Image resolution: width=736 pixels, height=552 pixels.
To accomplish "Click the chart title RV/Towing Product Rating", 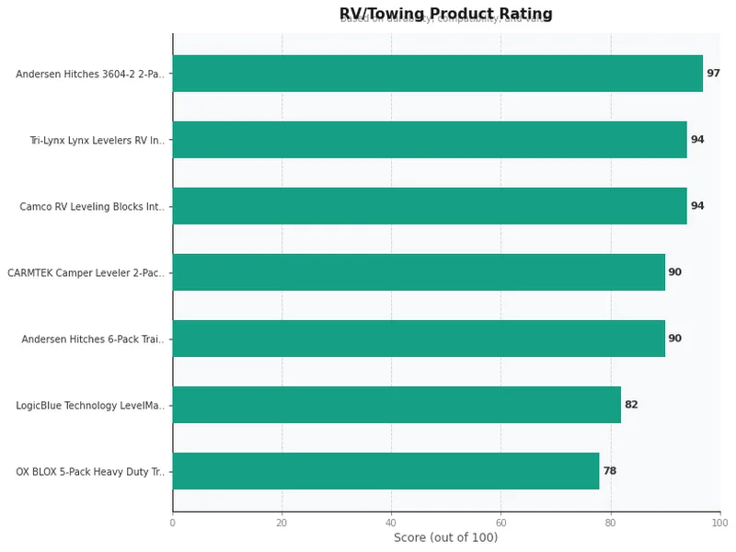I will pyautogui.click(x=445, y=14).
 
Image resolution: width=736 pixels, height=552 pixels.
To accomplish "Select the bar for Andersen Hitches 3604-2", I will pyautogui.click(x=438, y=74).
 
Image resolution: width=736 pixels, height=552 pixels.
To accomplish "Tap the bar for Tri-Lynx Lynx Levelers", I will pyautogui.click(x=430, y=140).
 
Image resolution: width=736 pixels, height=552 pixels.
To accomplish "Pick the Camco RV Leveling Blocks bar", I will pyautogui.click(x=430, y=206).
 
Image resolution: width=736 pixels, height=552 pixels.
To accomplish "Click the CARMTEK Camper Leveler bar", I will pyautogui.click(x=419, y=272).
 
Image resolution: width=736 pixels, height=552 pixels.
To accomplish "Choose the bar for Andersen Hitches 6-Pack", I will pyautogui.click(x=419, y=339).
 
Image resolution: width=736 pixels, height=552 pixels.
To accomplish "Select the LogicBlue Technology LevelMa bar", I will pyautogui.click(x=397, y=405).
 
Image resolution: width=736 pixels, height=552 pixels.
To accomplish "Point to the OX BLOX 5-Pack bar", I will pyautogui.click(x=385, y=471).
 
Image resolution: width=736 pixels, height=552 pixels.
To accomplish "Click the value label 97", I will pyautogui.click(x=713, y=74).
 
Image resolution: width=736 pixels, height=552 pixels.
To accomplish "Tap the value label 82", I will pyautogui.click(x=631, y=405).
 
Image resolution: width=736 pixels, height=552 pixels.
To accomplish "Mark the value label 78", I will pyautogui.click(x=609, y=471).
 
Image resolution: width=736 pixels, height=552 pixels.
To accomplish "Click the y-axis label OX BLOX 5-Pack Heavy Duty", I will pyautogui.click(x=90, y=472).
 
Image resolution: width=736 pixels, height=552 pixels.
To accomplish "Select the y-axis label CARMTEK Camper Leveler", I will pyautogui.click(x=86, y=273).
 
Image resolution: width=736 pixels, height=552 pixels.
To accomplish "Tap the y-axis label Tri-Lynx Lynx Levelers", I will pyautogui.click(x=97, y=141).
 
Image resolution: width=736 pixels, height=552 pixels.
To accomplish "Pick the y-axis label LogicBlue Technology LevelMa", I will pyautogui.click(x=90, y=406).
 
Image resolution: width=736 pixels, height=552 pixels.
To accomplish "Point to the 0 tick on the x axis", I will pyautogui.click(x=172, y=523).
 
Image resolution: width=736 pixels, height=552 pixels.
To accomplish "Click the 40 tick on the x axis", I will pyautogui.click(x=391, y=523).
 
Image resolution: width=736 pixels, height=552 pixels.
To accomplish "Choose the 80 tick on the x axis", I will pyautogui.click(x=610, y=523).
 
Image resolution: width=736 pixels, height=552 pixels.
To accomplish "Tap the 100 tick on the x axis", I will pyautogui.click(x=719, y=523).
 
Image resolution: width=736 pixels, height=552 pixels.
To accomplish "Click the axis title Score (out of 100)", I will pyautogui.click(x=445, y=538).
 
